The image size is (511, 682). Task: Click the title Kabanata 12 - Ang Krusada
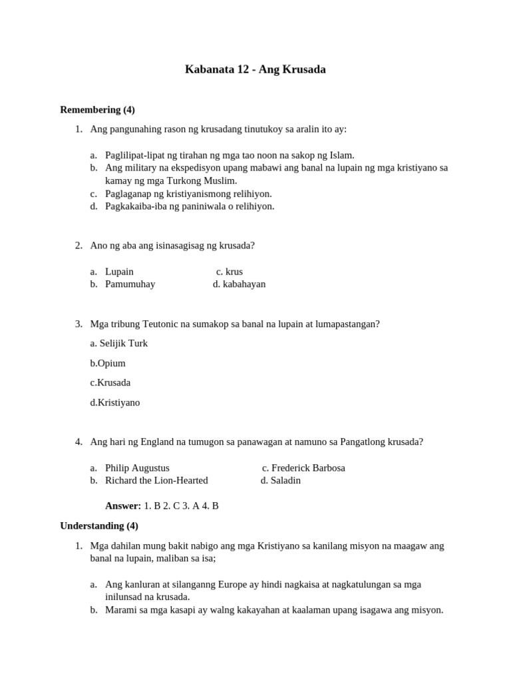pos(255,69)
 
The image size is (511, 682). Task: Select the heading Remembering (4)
pos(97,109)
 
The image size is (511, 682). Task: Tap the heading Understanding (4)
pos(99,525)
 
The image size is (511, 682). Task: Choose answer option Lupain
pos(119,271)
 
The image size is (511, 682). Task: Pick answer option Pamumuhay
pos(130,284)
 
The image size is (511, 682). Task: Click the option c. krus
pos(230,271)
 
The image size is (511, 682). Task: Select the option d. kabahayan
pos(239,284)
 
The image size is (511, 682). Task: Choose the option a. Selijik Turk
pos(118,343)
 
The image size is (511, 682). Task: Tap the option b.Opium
pos(108,363)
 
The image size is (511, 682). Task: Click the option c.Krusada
pos(110,382)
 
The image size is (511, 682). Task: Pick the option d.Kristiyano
pos(115,402)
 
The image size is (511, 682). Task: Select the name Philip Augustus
pos(137,468)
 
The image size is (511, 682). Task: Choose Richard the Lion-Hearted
pos(156,480)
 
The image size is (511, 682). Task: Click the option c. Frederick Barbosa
pos(303,468)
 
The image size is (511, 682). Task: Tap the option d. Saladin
pos(281,480)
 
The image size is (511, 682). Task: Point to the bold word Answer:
pos(123,506)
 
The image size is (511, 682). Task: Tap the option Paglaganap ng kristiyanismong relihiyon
pos(188,193)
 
